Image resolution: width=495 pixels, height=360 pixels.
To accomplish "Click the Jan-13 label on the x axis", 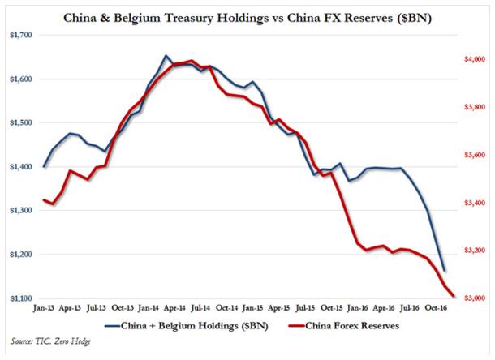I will (45, 308).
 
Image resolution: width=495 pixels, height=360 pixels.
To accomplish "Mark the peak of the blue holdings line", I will (166, 56).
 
